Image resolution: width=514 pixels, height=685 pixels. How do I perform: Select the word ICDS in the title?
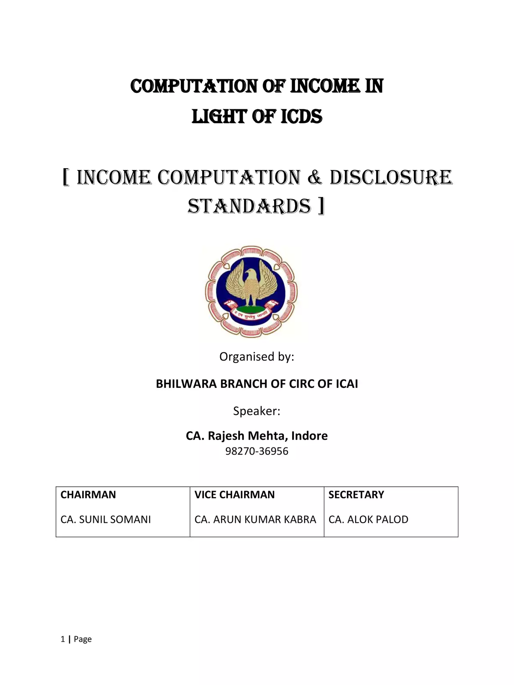(302, 116)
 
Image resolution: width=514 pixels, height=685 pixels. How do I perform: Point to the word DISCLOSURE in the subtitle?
(391, 177)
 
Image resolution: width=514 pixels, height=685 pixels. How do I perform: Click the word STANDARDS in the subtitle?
(249, 206)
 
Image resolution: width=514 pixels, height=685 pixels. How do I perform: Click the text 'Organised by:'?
(257, 357)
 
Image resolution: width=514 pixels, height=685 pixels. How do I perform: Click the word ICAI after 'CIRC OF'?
(347, 384)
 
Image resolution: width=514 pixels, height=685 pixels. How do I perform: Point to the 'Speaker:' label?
(257, 411)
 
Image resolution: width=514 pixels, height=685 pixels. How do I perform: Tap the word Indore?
(310, 436)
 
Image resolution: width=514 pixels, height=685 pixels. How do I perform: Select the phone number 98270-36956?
(257, 451)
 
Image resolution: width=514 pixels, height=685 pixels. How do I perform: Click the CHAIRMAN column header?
(88, 495)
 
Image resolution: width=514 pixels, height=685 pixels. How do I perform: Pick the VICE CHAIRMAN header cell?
(235, 495)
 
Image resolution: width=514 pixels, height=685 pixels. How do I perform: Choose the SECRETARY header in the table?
(356, 495)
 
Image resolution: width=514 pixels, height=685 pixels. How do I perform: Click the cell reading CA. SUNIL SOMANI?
(106, 520)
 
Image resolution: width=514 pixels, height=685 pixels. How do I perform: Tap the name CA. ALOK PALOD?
(368, 520)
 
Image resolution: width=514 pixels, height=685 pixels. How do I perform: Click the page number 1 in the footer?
(63, 640)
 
